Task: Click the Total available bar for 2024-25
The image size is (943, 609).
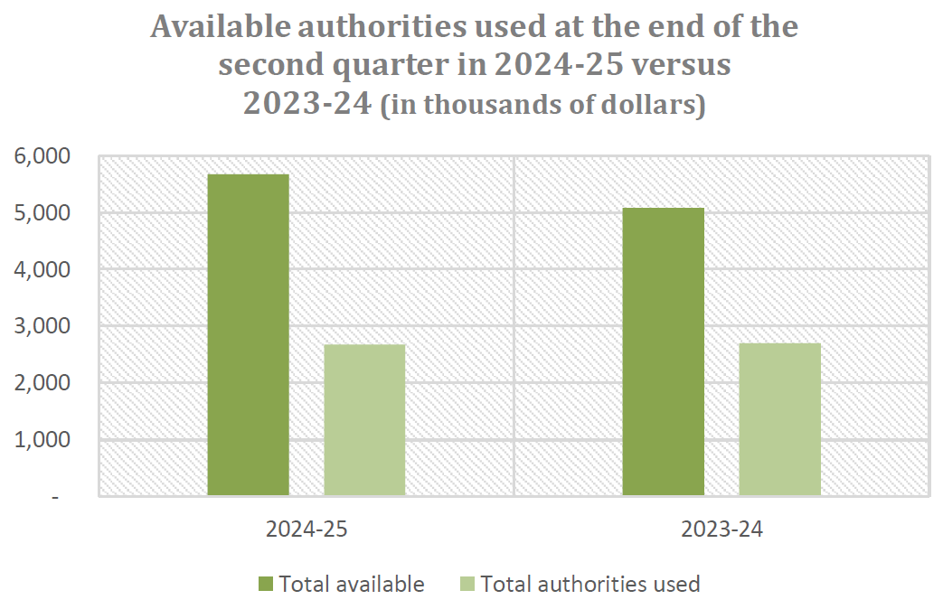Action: (x=248, y=334)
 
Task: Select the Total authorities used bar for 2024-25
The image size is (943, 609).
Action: (x=364, y=420)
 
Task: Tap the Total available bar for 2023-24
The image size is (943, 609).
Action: (x=664, y=351)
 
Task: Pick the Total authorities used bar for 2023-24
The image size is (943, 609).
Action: (x=779, y=419)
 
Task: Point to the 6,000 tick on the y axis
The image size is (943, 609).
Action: (x=42, y=156)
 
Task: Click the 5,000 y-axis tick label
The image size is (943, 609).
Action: (x=42, y=213)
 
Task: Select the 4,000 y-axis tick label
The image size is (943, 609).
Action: (x=42, y=270)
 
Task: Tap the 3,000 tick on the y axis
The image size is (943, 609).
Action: (x=42, y=326)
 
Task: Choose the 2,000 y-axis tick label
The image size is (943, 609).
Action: (x=42, y=383)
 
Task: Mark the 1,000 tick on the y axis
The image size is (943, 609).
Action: (x=42, y=440)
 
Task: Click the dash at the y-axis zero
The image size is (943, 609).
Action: (x=56, y=497)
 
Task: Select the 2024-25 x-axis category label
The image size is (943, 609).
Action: (x=306, y=529)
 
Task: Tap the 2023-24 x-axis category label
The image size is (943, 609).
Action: (x=721, y=529)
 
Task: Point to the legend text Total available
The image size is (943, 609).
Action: (x=352, y=584)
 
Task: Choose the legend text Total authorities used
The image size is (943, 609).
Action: (x=590, y=584)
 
